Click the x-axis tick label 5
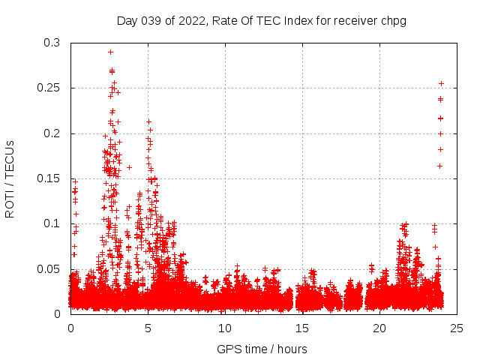(148, 328)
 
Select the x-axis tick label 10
(225, 328)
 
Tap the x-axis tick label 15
(302, 328)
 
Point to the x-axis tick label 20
(379, 328)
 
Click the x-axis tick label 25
(457, 328)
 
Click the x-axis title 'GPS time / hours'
(262, 349)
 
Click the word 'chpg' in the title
(394, 21)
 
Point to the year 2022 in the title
(192, 21)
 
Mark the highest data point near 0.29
(110, 52)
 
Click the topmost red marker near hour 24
(441, 83)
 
